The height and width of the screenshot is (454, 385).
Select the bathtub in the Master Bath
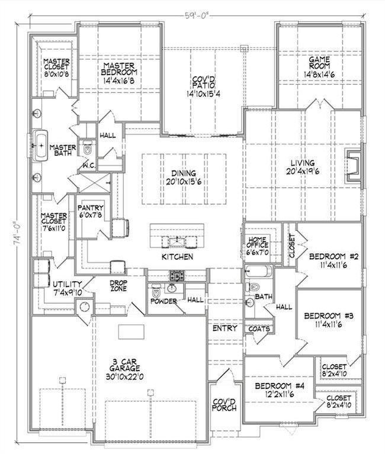41,146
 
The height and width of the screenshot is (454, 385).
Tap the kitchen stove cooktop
177,275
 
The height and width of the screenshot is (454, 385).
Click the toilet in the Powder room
156,292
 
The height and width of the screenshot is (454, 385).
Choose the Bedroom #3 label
329,317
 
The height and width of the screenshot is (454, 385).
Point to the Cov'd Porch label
224,405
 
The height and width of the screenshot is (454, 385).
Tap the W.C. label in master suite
90,165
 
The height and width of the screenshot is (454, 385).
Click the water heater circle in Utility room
84,307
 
